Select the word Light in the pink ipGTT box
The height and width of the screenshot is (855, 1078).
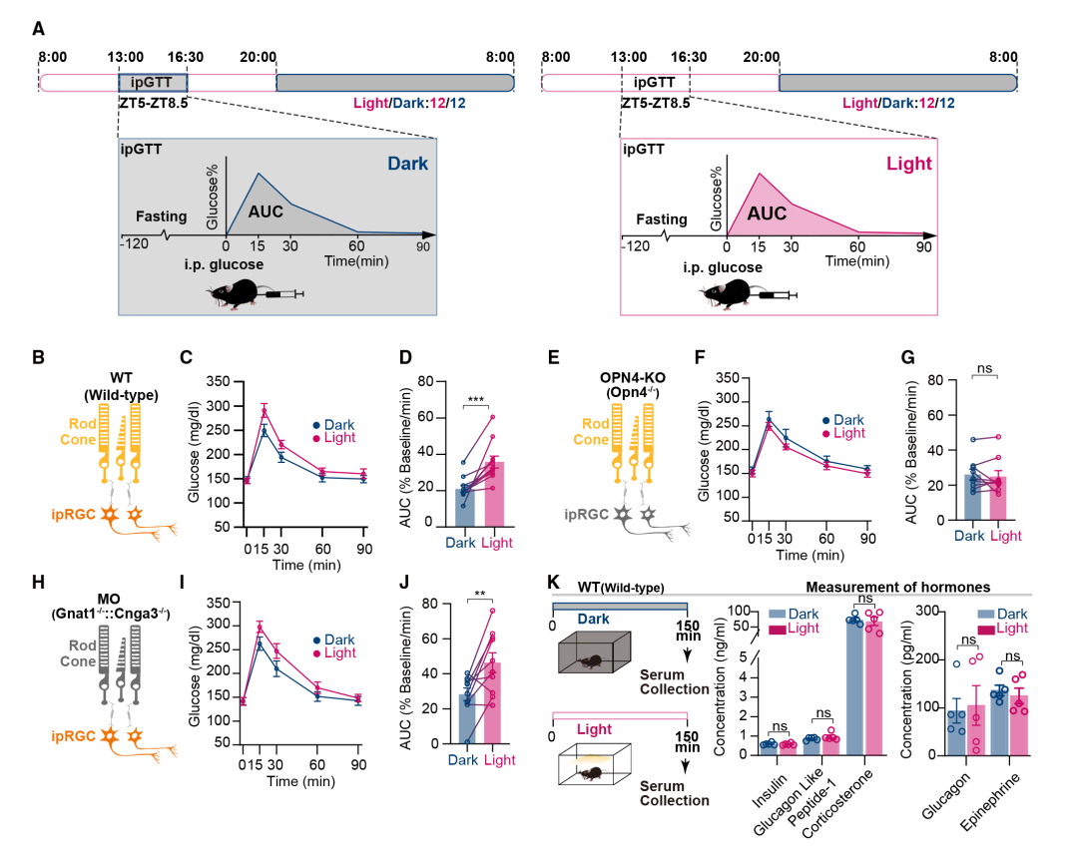coord(907,164)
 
